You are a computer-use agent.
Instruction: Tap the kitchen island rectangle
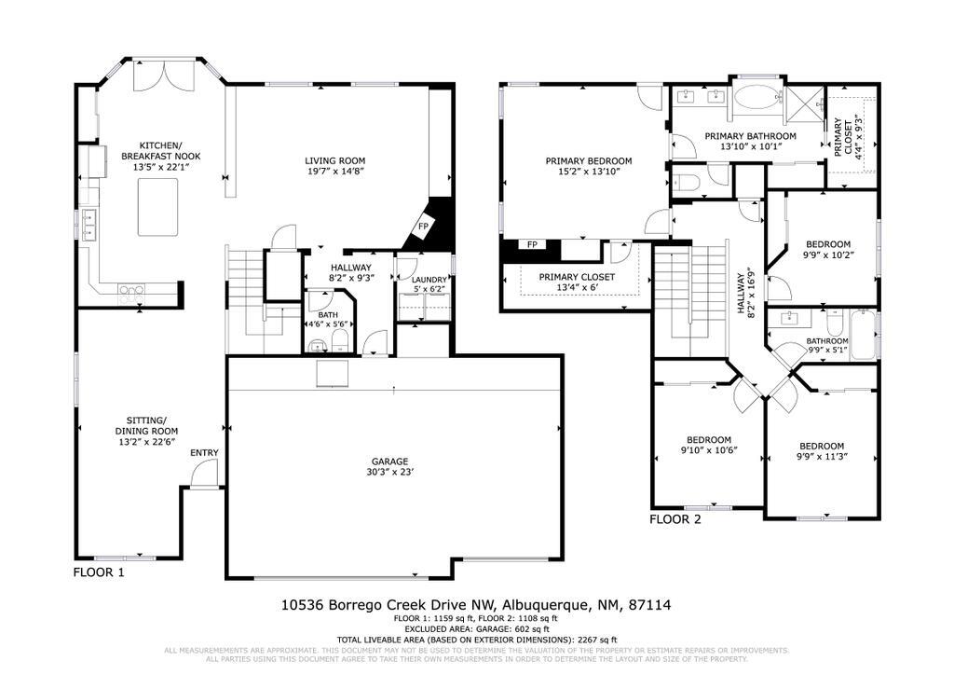coord(157,207)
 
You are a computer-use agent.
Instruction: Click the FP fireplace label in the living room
coord(423,227)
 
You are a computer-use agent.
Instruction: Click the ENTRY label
coord(204,453)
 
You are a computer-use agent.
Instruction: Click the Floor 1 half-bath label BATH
coord(327,315)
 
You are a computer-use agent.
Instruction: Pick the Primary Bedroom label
coord(588,160)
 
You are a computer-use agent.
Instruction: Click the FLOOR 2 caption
coord(675,519)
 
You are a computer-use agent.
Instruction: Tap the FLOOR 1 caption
coord(99,571)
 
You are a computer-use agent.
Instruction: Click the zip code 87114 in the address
coord(650,605)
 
